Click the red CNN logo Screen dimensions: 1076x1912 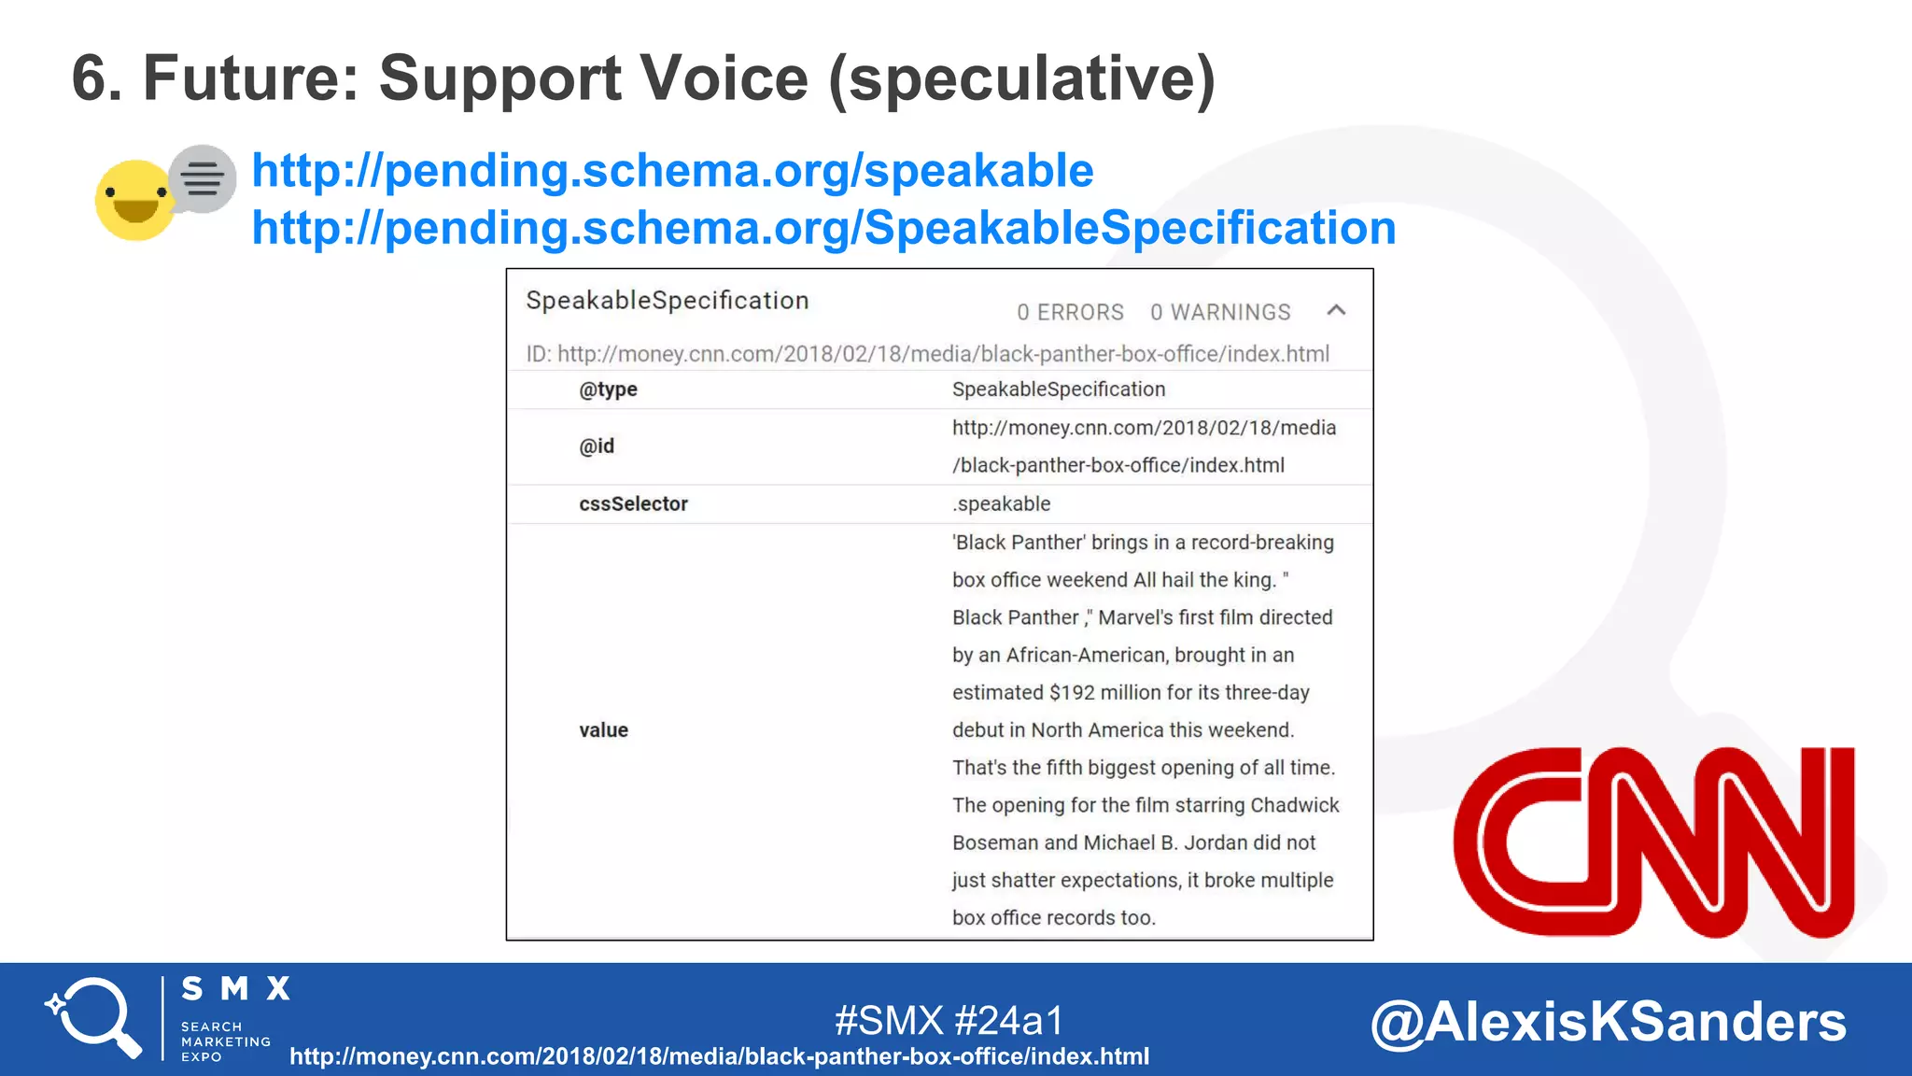point(1653,842)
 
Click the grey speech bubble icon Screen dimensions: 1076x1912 point(203,177)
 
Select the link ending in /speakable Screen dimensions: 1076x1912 point(672,171)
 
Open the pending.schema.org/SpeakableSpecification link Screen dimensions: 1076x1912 point(823,228)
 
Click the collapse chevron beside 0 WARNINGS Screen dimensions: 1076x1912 point(1336,311)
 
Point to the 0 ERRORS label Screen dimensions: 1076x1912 point(1070,312)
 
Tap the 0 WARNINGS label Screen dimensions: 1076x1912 point(1220,312)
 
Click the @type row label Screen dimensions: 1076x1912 point(608,389)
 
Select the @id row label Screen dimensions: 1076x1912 point(597,446)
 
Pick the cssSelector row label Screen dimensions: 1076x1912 point(633,504)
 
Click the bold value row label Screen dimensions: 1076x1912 point(603,730)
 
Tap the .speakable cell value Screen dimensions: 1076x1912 point(1001,504)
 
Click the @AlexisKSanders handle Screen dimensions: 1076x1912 point(1608,1021)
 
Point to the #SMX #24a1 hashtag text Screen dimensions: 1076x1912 point(949,1020)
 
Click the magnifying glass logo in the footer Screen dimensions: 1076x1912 point(93,1017)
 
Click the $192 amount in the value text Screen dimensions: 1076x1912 point(1071,693)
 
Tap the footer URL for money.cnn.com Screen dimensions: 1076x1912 point(719,1056)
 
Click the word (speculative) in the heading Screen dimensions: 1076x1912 point(1022,78)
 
